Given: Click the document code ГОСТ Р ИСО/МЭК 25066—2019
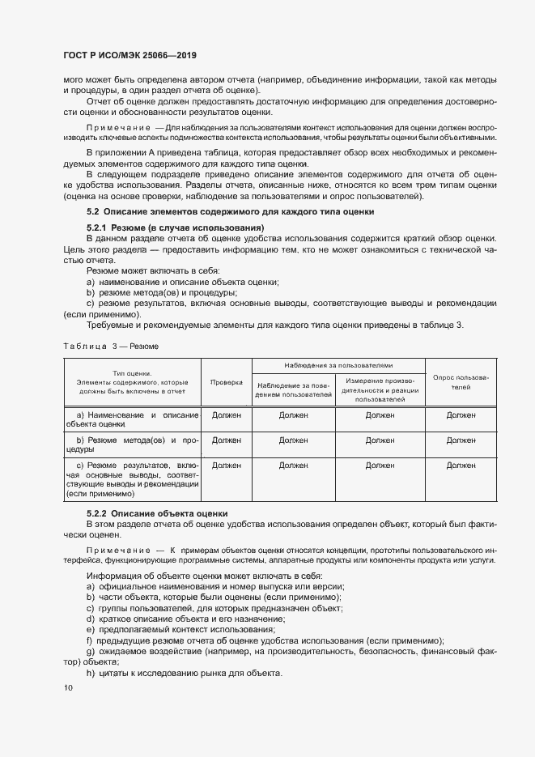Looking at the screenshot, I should click(130, 56).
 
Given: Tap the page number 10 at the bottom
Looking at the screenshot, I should click(67, 687).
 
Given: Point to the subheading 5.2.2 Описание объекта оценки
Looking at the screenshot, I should click(157, 513).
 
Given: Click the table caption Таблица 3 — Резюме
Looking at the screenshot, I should click(110, 346).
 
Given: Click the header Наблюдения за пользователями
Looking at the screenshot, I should click(338, 366).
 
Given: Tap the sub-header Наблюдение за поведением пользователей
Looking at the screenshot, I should click(294, 389).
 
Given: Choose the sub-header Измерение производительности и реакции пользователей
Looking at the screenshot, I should click(380, 389).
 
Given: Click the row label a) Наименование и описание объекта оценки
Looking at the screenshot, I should click(132, 419).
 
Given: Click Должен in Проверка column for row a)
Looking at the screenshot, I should click(227, 415).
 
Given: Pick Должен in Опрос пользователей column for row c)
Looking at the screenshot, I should click(461, 466).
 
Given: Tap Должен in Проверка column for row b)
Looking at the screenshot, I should click(227, 440).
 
